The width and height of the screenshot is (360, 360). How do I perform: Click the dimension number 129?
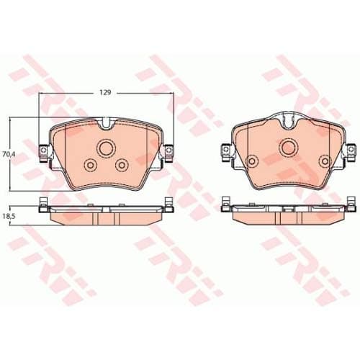(x=105, y=93)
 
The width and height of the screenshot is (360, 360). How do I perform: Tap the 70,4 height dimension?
(x=8, y=154)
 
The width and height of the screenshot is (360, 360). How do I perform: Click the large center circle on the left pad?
(x=107, y=149)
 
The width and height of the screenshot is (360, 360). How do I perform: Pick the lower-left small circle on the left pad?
(x=91, y=166)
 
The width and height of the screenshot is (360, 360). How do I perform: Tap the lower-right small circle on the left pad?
(x=122, y=165)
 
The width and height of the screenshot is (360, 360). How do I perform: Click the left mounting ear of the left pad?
(x=45, y=152)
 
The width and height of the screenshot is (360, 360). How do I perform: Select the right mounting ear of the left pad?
(x=170, y=152)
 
